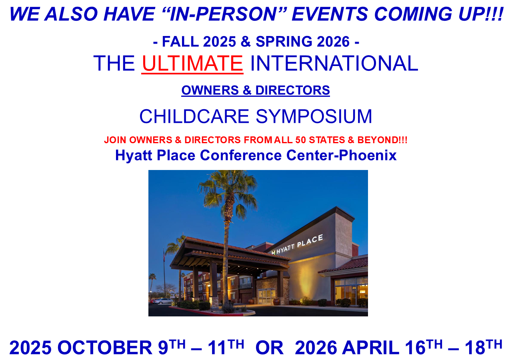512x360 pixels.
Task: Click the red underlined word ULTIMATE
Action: point(192,63)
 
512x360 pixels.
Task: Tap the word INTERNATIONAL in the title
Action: point(334,63)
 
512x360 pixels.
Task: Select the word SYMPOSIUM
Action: point(314,116)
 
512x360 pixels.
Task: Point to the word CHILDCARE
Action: point(194,116)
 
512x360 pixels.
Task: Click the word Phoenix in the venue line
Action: point(368,155)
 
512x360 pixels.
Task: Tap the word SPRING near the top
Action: point(284,42)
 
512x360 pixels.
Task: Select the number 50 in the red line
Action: point(300,140)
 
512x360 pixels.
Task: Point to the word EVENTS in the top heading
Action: point(330,14)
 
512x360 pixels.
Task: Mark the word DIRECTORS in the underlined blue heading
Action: point(292,90)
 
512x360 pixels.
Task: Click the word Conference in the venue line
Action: point(241,155)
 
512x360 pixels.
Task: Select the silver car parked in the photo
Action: point(163,301)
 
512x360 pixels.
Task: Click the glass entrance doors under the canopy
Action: point(267,296)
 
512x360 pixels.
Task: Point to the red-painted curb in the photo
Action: point(206,311)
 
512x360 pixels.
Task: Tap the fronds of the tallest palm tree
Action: point(228,191)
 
